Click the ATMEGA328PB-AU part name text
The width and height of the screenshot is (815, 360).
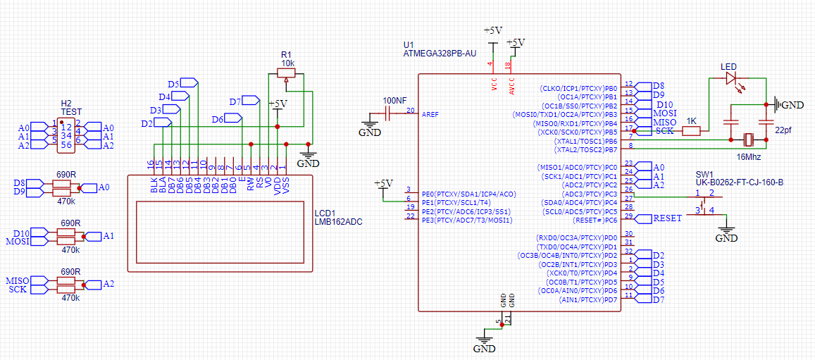[x=440, y=53]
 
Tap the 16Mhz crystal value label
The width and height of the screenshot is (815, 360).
[x=749, y=156]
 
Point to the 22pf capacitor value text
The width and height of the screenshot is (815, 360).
[x=783, y=131]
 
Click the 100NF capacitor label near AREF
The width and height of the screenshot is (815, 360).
[x=394, y=100]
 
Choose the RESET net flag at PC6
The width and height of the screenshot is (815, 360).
[x=666, y=218]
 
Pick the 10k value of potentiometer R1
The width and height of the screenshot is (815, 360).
[x=288, y=63]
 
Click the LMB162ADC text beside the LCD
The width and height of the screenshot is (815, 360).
[x=338, y=222]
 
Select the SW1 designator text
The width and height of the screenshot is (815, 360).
[x=704, y=174]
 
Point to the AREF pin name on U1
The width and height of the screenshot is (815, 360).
[x=430, y=113]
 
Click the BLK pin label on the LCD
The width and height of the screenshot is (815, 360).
[x=153, y=185]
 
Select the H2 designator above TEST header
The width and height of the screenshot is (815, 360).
[x=66, y=103]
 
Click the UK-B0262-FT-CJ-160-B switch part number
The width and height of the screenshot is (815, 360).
[x=740, y=182]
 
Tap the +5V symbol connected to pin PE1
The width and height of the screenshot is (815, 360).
[x=382, y=184]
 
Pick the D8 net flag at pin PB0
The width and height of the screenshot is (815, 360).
[x=658, y=86]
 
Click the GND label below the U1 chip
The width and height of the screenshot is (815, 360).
[x=484, y=348]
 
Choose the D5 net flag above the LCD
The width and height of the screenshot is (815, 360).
[x=173, y=84]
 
